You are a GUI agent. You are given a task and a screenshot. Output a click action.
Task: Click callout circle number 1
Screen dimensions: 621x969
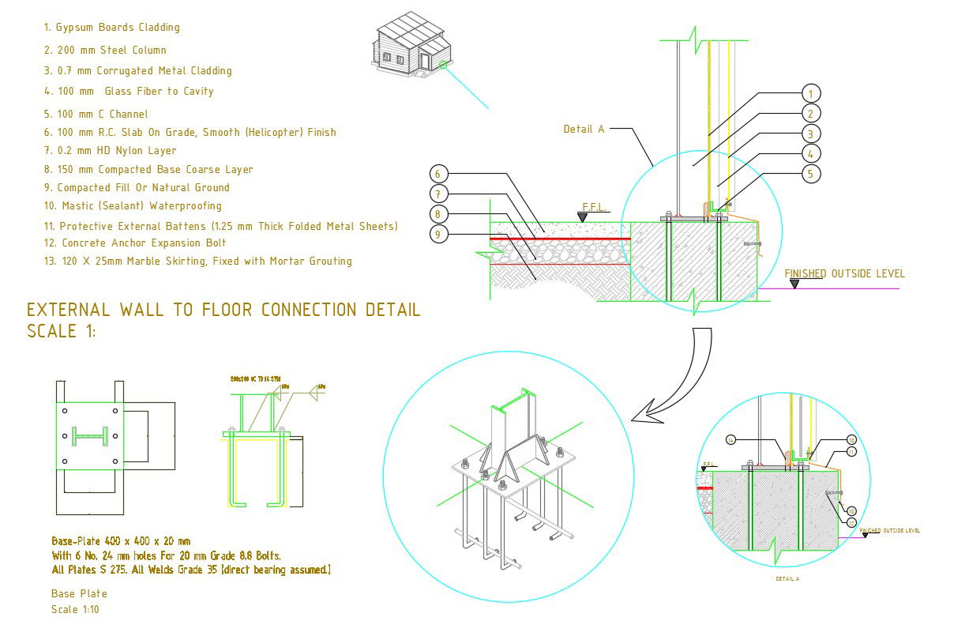[811, 93]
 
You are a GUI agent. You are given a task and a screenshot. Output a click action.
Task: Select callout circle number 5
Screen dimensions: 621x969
[811, 174]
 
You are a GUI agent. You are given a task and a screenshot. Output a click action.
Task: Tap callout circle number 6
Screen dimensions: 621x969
[440, 174]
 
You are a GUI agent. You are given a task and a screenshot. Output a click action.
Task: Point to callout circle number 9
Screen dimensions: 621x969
[440, 234]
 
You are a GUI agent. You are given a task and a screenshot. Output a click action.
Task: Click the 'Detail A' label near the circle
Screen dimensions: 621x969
[584, 129]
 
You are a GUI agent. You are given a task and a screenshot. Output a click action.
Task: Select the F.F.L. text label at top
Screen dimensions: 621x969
[593, 207]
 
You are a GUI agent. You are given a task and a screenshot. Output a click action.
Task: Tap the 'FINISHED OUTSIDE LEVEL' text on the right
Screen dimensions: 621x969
[844, 273]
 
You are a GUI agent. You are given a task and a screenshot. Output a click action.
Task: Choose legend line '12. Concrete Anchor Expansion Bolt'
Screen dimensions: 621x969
[135, 243]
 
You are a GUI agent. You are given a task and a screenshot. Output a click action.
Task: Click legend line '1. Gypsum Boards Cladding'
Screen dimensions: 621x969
[111, 27]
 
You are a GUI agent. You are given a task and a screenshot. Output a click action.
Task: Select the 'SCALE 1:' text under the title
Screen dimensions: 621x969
[61, 331]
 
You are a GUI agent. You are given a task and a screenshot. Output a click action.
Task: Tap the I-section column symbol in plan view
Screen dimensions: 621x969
[88, 435]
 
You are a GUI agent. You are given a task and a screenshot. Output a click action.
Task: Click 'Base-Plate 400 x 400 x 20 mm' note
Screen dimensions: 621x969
[121, 541]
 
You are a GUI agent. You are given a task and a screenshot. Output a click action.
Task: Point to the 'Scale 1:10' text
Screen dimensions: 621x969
[76, 609]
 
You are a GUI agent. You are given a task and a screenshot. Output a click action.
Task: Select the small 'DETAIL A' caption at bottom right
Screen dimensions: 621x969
[787, 579]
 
